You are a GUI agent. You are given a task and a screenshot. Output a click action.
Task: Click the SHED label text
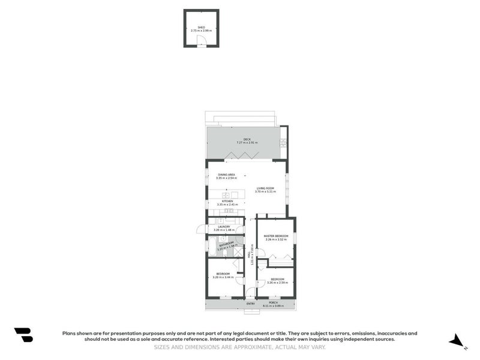pyautogui.click(x=201, y=27)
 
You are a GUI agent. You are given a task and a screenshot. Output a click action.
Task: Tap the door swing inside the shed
pyautogui.click(x=203, y=41)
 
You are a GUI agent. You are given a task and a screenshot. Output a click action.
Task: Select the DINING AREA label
pyautogui.click(x=226, y=175)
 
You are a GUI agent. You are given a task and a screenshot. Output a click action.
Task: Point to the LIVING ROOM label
pyautogui.click(x=265, y=188)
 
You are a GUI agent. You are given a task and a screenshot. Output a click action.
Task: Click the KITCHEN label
pyautogui.click(x=227, y=202)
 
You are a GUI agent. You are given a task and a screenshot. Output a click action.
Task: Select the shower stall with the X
pyautogui.click(x=238, y=253)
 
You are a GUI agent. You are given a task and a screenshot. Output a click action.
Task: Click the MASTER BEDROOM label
pyautogui.click(x=276, y=236)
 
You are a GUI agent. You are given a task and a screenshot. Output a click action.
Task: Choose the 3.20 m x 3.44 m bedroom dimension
pyautogui.click(x=223, y=277)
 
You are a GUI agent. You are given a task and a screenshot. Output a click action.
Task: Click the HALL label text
pyautogui.click(x=249, y=255)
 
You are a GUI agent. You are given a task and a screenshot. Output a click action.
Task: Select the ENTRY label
pyautogui.click(x=250, y=304)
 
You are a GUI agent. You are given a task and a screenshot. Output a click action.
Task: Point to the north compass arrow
pyautogui.click(x=457, y=341)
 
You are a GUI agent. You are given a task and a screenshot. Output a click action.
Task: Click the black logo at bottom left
pyautogui.click(x=23, y=335)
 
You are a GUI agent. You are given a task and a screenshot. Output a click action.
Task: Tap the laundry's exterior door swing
pyautogui.click(x=200, y=229)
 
